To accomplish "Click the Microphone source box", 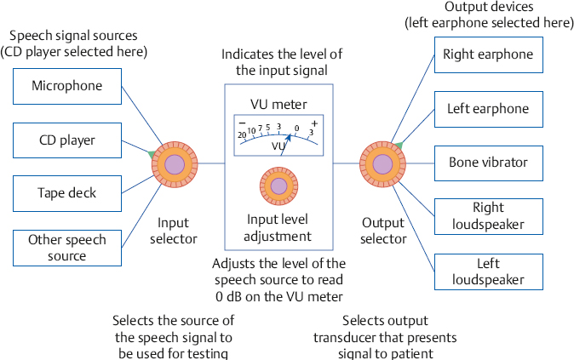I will point(67,86).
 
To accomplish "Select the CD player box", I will point(67,140).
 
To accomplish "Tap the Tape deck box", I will point(67,193).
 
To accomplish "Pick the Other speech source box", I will point(67,248).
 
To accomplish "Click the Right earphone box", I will point(487,55).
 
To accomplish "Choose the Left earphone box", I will point(487,109).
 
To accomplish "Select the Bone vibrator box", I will point(487,162).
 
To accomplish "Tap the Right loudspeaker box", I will point(487,215).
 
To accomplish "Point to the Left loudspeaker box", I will point(487,270).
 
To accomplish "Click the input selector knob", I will point(175,164).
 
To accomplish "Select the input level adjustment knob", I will point(278,186).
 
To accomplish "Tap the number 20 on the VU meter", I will point(242,134).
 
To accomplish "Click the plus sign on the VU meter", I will point(314,124).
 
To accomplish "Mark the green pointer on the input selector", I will point(152,154).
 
